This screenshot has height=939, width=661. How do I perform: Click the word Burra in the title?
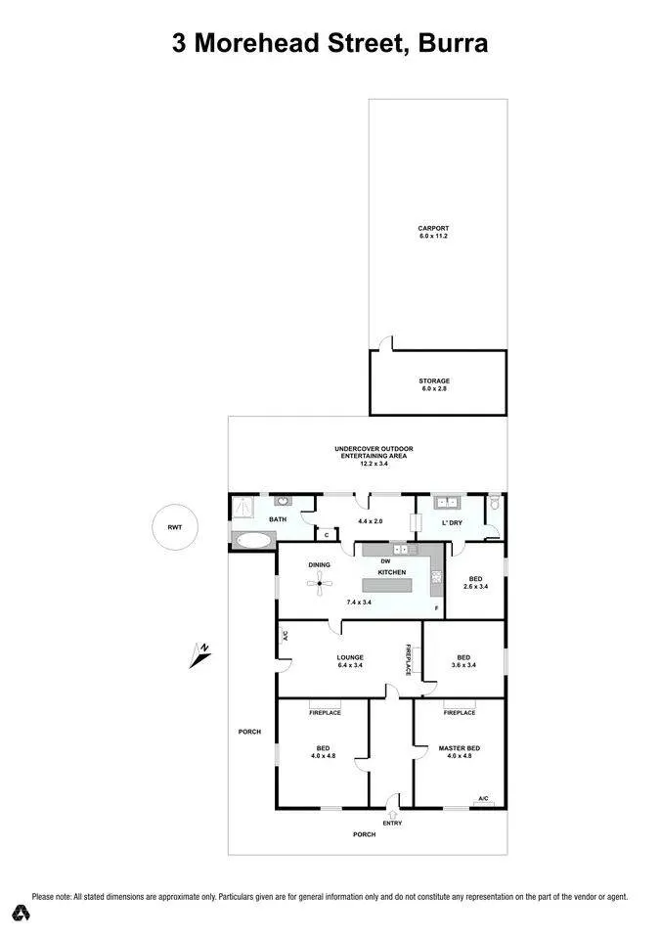point(454,43)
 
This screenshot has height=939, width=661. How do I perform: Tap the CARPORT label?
point(433,228)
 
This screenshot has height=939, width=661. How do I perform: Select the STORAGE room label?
point(434,380)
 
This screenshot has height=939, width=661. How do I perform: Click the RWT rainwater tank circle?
point(175,527)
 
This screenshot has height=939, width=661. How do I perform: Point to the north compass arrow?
point(200,655)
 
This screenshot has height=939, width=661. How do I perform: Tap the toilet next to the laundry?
point(494,502)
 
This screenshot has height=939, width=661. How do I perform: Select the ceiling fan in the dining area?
point(320,583)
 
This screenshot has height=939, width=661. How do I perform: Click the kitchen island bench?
point(387,585)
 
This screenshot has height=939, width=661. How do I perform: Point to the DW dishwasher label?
point(385,561)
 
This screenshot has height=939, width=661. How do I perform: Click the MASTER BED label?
point(460,748)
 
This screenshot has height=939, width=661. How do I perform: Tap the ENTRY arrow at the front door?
point(393,815)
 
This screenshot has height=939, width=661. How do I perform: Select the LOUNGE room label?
point(350,657)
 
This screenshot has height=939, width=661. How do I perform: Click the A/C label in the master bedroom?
point(483,799)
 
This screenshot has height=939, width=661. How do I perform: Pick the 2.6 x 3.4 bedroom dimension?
point(475,586)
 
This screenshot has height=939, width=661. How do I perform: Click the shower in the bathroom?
point(242,508)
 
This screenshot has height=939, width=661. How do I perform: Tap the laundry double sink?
point(447,502)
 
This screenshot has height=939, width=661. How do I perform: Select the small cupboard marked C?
point(327,535)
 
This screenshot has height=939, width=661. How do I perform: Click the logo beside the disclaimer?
point(22,913)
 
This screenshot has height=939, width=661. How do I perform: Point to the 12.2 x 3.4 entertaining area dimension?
point(374,464)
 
